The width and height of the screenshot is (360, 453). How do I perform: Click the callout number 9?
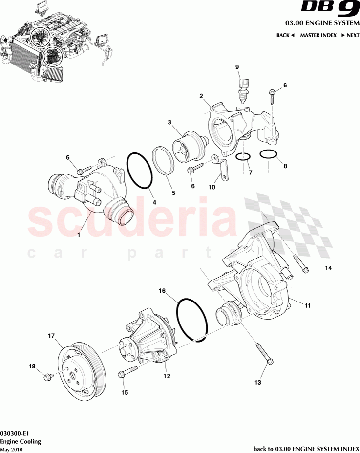237,67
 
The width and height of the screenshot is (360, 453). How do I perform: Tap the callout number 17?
50,336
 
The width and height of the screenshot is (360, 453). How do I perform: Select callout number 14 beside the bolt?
328,268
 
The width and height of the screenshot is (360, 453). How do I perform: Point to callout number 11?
308,306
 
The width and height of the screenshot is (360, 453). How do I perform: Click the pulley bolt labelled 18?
48,376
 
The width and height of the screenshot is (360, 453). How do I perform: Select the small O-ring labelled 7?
243,157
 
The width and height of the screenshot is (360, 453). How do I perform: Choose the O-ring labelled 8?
267,154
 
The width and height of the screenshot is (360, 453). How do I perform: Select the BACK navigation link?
285,35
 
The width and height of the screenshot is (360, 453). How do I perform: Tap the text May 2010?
11,449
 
